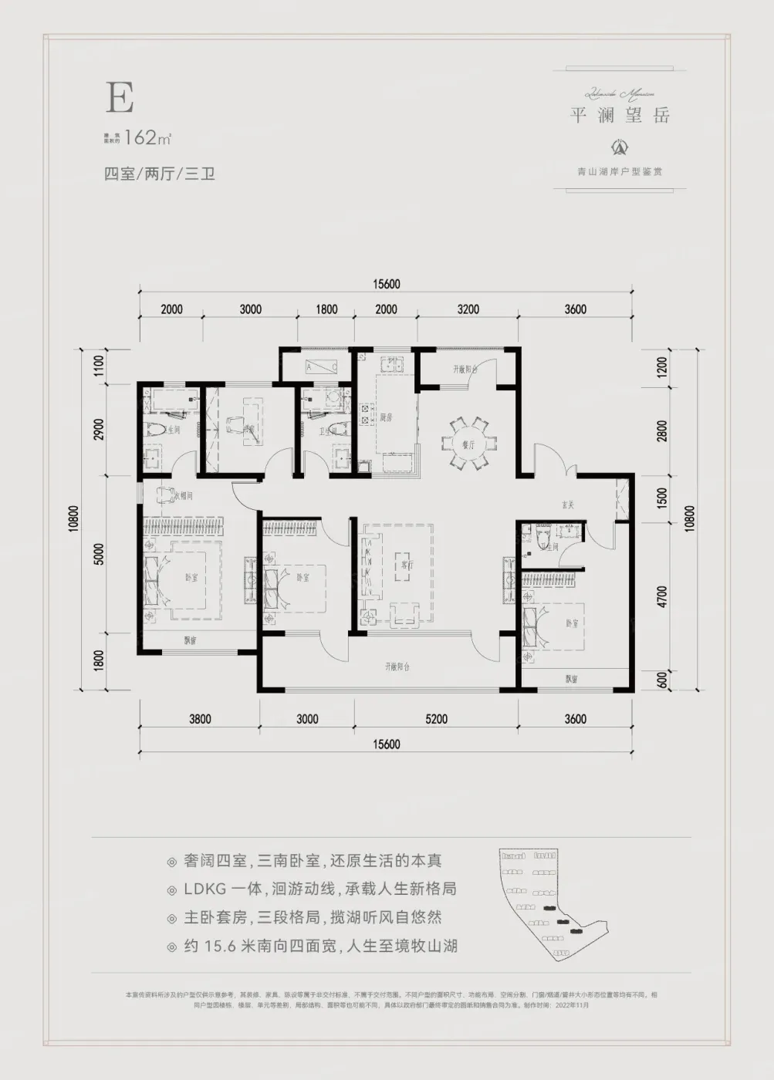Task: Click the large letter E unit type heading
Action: (120, 98)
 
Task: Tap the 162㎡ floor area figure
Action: (147, 138)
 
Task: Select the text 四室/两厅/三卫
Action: (159, 174)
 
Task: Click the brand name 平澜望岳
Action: (620, 116)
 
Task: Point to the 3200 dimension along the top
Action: (468, 309)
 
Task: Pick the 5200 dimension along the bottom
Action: (436, 719)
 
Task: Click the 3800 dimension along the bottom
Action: (199, 719)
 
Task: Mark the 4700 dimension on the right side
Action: (662, 596)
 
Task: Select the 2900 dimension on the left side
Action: (99, 430)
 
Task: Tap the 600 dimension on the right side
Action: (662, 680)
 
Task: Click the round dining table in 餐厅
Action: (465, 444)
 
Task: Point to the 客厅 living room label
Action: (407, 565)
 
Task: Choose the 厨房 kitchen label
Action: (386, 417)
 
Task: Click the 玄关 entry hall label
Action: (568, 505)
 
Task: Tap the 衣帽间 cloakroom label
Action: (183, 495)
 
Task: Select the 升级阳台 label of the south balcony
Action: (397, 667)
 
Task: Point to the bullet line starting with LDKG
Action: (319, 889)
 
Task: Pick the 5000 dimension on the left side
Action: (99, 554)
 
